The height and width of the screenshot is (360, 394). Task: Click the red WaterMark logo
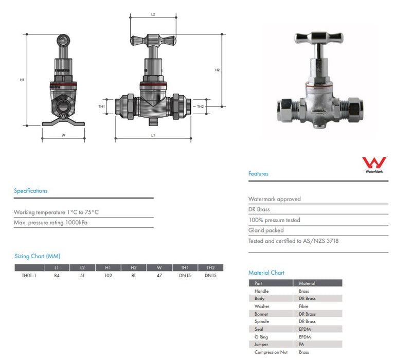pyautogui.click(x=374, y=163)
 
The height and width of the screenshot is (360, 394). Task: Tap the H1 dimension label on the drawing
pyautogui.click(x=22, y=80)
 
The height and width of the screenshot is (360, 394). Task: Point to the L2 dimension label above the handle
pyautogui.click(x=153, y=14)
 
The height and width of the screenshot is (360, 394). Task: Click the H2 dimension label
pyautogui.click(x=218, y=70)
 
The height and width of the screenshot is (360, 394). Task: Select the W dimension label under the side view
pyautogui.click(x=63, y=135)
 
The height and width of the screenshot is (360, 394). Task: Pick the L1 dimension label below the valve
pyautogui.click(x=153, y=135)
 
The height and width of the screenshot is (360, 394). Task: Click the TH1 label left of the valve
pyautogui.click(x=101, y=106)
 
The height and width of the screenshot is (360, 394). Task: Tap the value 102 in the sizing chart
pyautogui.click(x=108, y=275)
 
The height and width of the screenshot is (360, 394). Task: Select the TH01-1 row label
pyautogui.click(x=29, y=275)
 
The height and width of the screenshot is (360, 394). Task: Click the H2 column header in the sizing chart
pyautogui.click(x=134, y=267)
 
